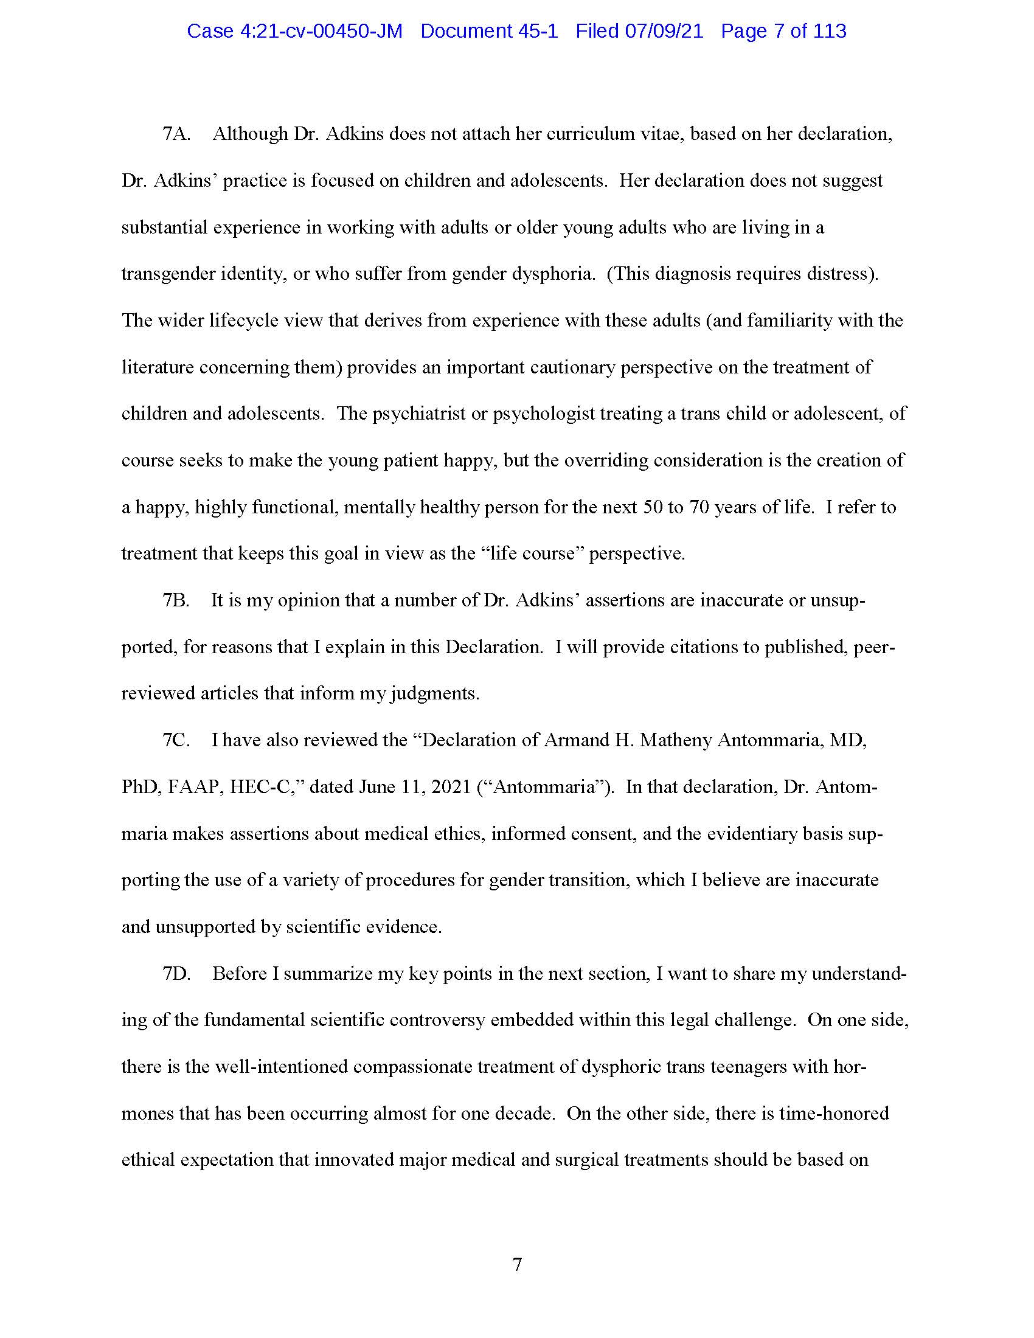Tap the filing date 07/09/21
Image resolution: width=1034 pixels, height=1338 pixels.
[x=664, y=31]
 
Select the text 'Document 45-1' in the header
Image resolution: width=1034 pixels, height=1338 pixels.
[x=489, y=31]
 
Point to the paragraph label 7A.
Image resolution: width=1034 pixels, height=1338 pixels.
[x=176, y=134]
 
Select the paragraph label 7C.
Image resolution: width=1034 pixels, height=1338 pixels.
[x=176, y=740]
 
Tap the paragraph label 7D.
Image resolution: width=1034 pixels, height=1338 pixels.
[x=176, y=974]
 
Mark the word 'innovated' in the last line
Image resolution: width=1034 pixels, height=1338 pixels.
[x=353, y=1160]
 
